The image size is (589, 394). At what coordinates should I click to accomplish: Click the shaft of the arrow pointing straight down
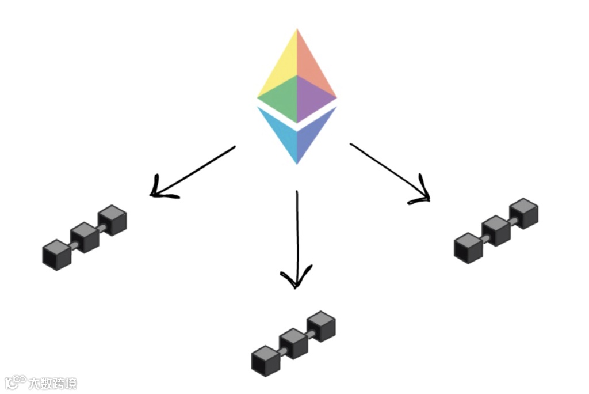(x=297, y=230)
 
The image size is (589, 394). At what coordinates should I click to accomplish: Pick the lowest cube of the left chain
(x=57, y=255)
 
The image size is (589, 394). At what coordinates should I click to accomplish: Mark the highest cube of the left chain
(x=112, y=220)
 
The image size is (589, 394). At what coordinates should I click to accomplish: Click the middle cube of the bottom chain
(x=293, y=344)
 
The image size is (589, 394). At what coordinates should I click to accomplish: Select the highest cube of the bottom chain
(x=321, y=327)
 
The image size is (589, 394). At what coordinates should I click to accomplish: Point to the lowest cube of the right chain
(x=469, y=248)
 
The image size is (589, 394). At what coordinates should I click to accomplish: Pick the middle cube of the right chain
(x=496, y=230)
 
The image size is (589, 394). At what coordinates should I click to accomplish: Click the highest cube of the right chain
(x=524, y=213)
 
